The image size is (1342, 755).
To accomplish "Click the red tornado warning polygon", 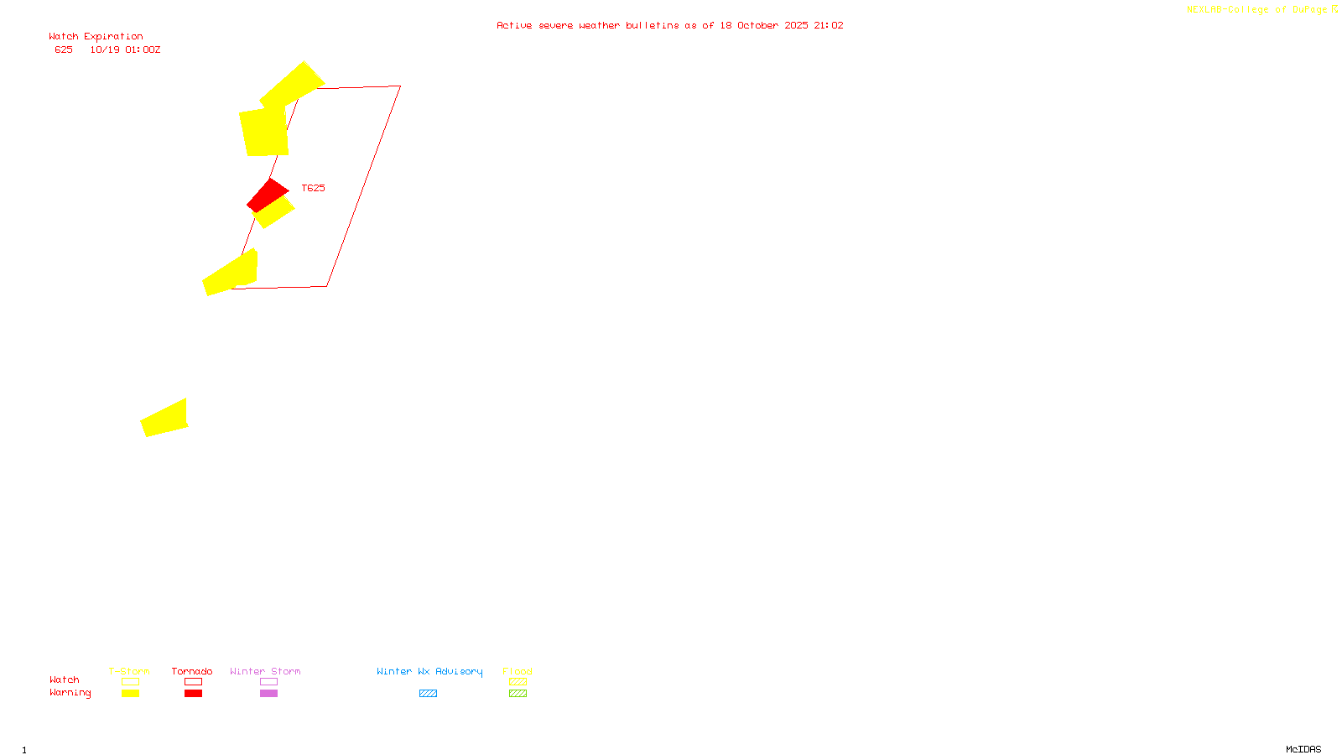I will pyautogui.click(x=267, y=194).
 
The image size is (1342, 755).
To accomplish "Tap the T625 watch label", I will pyautogui.click(x=313, y=188).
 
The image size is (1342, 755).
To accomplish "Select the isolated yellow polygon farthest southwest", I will pyautogui.click(x=165, y=419).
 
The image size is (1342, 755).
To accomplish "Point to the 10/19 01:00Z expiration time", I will pyautogui.click(x=125, y=49).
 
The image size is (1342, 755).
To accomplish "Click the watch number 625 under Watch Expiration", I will pyautogui.click(x=64, y=49).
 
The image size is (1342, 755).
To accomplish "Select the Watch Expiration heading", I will pyautogui.click(x=96, y=37).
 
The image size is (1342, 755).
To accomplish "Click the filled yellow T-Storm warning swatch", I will pyautogui.click(x=130, y=694).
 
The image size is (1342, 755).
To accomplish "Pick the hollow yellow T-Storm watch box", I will pyautogui.click(x=130, y=682).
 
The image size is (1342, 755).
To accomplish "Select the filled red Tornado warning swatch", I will pyautogui.click(x=193, y=694).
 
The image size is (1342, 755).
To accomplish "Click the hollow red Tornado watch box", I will pyautogui.click(x=193, y=682).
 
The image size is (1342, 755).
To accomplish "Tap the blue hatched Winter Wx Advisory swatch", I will pyautogui.click(x=428, y=694).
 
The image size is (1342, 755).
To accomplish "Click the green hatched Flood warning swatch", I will pyautogui.click(x=518, y=694).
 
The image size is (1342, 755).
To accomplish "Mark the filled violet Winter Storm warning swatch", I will pyautogui.click(x=268, y=694).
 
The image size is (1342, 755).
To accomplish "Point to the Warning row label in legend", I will pyautogui.click(x=70, y=693).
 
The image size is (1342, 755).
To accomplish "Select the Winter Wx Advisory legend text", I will pyautogui.click(x=429, y=671).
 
